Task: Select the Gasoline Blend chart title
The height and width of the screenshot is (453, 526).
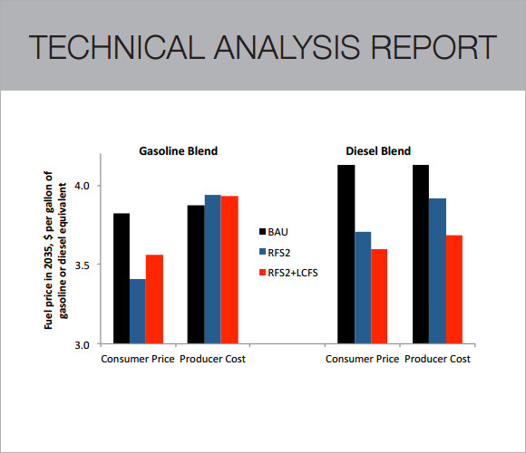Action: pyautogui.click(x=178, y=150)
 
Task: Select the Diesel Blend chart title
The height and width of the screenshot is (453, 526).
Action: pyautogui.click(x=378, y=150)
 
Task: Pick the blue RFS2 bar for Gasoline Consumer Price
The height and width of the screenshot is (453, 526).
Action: pyautogui.click(x=138, y=312)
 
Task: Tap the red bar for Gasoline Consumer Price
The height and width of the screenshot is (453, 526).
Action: pyautogui.click(x=154, y=299)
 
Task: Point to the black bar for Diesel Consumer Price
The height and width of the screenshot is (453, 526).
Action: pyautogui.click(x=346, y=255)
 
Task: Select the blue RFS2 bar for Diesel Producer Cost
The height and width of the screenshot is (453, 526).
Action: pyautogui.click(x=437, y=271)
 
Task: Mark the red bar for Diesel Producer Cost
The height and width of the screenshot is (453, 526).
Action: pyautogui.click(x=453, y=289)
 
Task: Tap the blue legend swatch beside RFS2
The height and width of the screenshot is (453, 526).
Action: pyautogui.click(x=263, y=252)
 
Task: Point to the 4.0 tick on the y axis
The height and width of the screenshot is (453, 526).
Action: pyautogui.click(x=86, y=186)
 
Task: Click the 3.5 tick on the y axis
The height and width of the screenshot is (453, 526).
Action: pyautogui.click(x=86, y=265)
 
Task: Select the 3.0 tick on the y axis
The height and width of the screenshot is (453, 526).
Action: pyautogui.click(x=86, y=345)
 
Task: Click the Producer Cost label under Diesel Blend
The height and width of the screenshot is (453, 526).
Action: pyautogui.click(x=437, y=359)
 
